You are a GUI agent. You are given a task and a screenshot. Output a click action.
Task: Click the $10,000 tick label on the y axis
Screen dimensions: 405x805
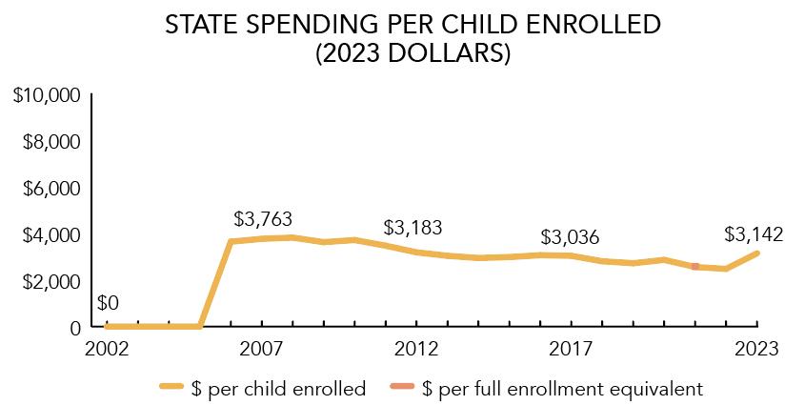(x=45, y=95)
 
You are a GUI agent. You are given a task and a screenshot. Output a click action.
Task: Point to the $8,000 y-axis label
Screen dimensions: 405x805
(x=50, y=142)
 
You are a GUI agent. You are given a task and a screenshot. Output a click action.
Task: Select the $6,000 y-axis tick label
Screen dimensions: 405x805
(x=50, y=189)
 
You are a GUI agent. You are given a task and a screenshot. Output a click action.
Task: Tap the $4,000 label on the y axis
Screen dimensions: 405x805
(x=50, y=234)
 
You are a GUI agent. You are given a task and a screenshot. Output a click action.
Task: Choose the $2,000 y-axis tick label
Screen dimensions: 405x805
(x=50, y=281)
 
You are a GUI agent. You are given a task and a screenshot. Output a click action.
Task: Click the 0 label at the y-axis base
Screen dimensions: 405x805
(x=73, y=327)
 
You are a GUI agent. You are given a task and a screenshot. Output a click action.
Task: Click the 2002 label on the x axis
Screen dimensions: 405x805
(x=107, y=350)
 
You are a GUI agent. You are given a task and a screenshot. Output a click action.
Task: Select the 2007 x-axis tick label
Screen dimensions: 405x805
(x=262, y=350)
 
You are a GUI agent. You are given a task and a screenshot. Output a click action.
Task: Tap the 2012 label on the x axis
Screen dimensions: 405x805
(x=416, y=350)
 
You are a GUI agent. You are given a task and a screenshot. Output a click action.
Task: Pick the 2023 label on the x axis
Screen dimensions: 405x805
(x=757, y=350)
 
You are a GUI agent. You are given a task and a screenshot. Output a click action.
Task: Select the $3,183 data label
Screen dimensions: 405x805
(x=413, y=229)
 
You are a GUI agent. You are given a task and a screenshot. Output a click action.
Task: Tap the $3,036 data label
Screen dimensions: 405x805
(x=570, y=236)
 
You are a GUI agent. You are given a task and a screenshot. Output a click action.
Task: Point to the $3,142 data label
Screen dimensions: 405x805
(x=754, y=233)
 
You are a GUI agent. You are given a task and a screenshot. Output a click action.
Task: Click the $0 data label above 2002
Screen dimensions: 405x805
(x=109, y=304)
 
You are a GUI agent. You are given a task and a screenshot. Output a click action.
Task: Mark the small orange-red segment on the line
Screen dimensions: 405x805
(x=695, y=267)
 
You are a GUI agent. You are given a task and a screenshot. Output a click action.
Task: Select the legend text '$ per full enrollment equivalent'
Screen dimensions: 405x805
(x=562, y=388)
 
